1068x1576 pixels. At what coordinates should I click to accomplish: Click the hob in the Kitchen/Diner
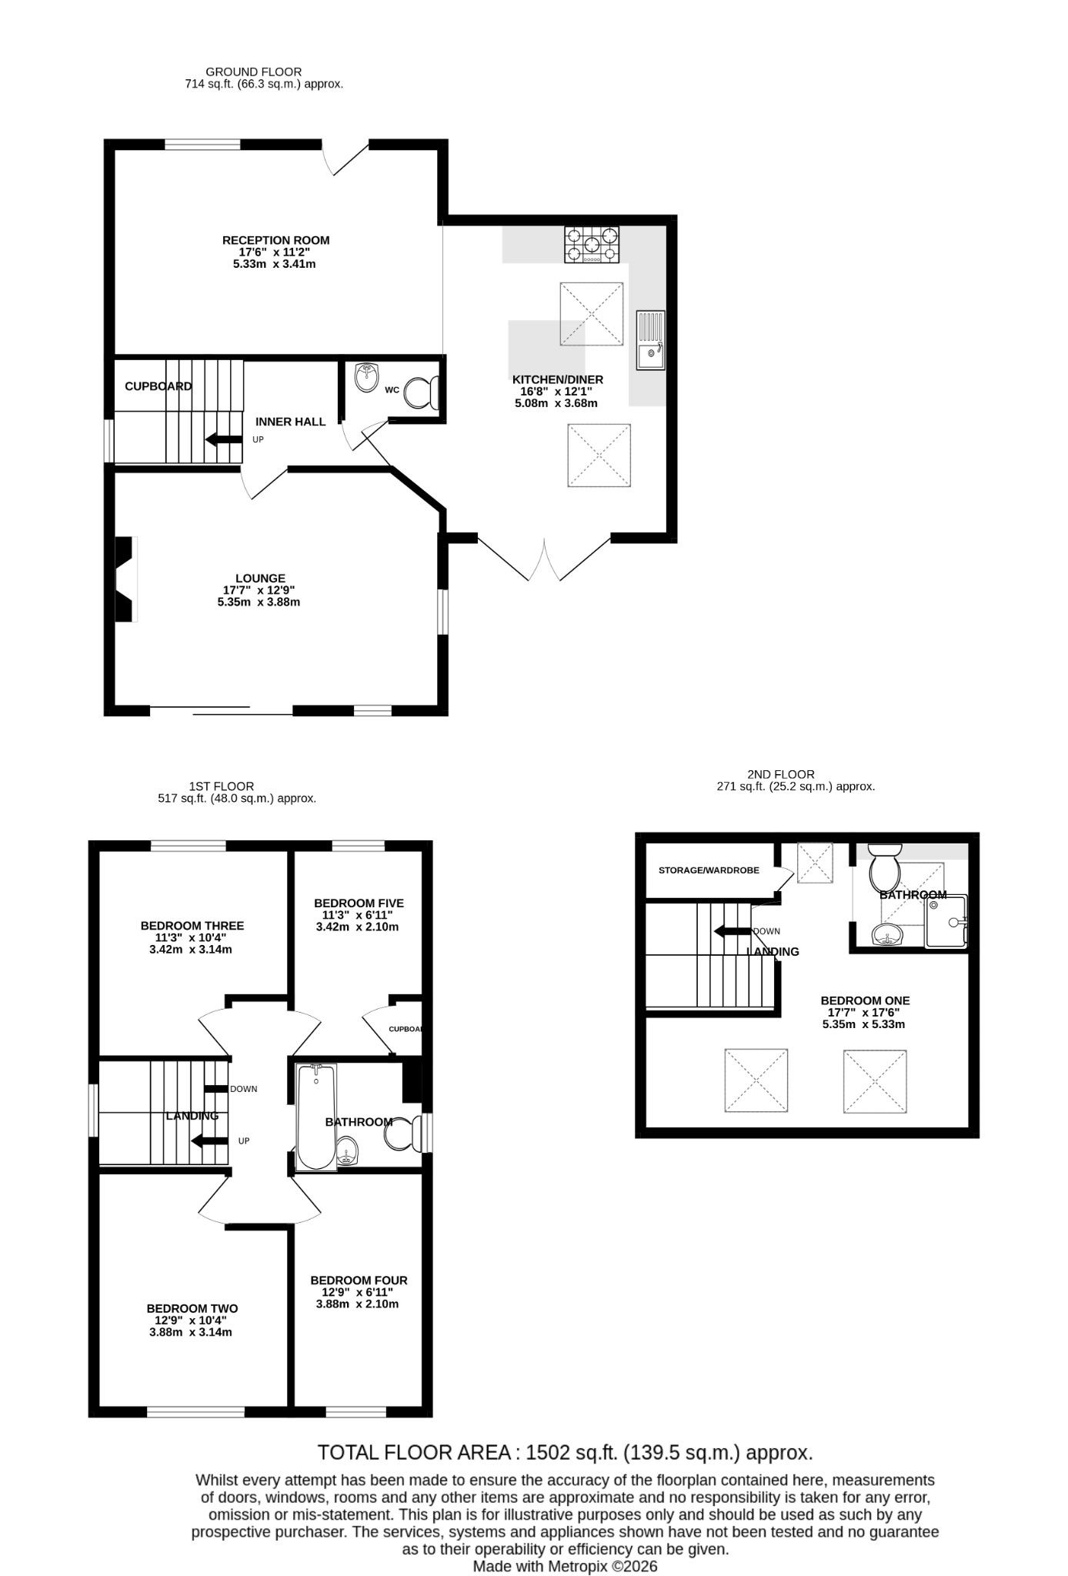coord(592,245)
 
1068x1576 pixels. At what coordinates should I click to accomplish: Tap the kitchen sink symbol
coord(650,339)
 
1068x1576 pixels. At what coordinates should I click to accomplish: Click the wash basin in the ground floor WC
coord(369,377)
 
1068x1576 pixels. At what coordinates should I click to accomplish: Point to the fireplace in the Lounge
coord(125,579)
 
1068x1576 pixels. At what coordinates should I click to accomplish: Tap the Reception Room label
coord(276,240)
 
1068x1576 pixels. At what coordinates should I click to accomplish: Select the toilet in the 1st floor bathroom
coord(403,1134)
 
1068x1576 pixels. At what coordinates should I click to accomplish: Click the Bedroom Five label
coord(359,903)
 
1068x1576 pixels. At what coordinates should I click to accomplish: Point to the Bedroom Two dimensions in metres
coord(191,1332)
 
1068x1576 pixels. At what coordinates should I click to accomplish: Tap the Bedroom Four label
coord(359,1280)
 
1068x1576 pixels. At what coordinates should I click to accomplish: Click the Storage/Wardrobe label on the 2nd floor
coord(709,870)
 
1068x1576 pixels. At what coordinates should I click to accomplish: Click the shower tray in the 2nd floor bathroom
coord(946,921)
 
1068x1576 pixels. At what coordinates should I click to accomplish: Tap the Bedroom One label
coord(866,1000)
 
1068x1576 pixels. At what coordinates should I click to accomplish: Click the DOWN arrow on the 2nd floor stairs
coord(732,931)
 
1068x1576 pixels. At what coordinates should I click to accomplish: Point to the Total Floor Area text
coord(566,1452)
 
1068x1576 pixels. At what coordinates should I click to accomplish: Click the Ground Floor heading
coord(254,72)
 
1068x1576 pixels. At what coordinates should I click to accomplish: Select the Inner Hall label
coord(291,422)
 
